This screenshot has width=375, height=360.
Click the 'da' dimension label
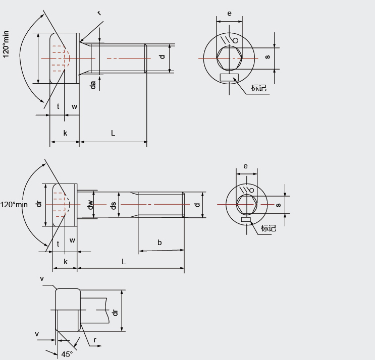click(93, 85)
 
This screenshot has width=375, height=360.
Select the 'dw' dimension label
click(90, 205)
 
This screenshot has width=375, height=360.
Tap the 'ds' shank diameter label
click(114, 205)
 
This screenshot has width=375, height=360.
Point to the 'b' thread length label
click(159, 243)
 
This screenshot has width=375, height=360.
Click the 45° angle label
click(67, 354)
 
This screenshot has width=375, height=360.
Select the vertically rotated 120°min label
click(6, 44)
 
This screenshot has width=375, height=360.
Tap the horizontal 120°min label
click(14, 205)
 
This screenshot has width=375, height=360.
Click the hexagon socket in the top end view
click(229, 58)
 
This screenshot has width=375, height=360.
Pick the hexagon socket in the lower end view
click(247, 205)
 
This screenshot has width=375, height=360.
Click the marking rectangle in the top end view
click(229, 78)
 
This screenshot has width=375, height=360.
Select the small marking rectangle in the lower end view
click(246, 219)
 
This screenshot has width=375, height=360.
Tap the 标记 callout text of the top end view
click(258, 88)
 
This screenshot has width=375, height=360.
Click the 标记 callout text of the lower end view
click(269, 228)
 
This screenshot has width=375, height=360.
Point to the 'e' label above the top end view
click(229, 14)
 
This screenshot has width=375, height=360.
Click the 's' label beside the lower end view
click(278, 205)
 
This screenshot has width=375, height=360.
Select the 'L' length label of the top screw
click(113, 133)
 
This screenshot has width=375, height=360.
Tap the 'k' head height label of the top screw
click(65, 133)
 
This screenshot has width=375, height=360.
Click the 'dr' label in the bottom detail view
click(115, 313)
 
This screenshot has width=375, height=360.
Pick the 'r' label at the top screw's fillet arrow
click(99, 13)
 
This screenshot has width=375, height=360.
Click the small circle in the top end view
click(235, 40)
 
